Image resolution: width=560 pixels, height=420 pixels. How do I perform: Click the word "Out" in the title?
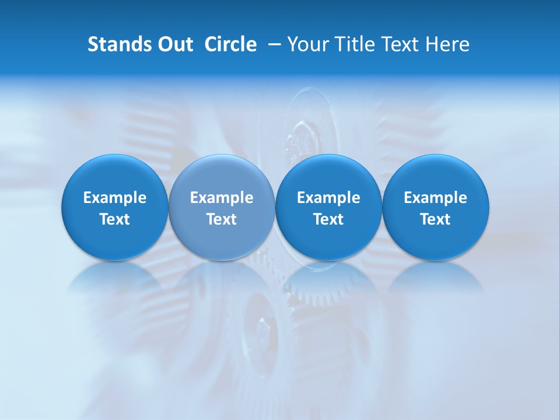(x=174, y=44)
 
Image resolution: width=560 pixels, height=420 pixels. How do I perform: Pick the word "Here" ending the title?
(x=448, y=44)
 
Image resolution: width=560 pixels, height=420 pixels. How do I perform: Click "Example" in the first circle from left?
(x=115, y=198)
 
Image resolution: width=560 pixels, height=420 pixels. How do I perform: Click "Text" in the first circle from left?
(x=115, y=219)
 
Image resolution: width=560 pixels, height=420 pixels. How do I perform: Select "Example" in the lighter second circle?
(x=222, y=198)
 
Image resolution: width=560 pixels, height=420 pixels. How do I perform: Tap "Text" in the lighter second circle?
(x=222, y=219)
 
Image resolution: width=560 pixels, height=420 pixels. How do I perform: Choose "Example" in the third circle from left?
(x=328, y=198)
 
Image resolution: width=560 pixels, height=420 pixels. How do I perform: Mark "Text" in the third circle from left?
(x=328, y=219)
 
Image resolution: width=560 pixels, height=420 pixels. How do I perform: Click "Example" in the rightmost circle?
(x=435, y=198)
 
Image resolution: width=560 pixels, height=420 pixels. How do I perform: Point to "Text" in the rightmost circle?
(x=435, y=219)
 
